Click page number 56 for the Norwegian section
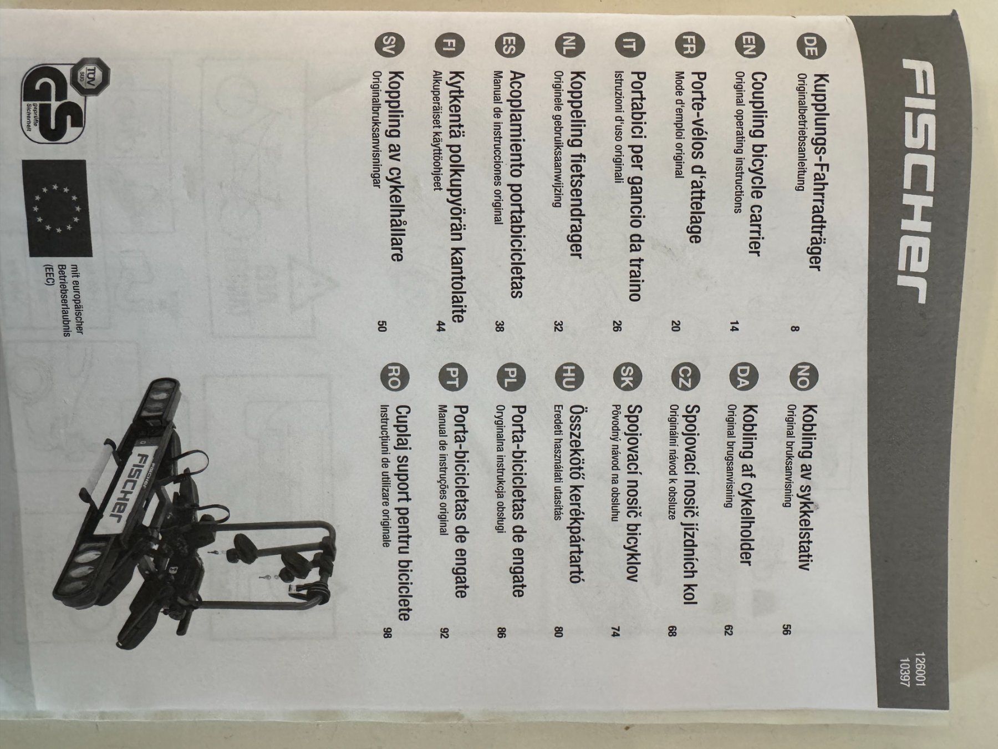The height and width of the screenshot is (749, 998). tap(786, 629)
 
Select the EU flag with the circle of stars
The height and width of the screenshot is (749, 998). tap(58, 209)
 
